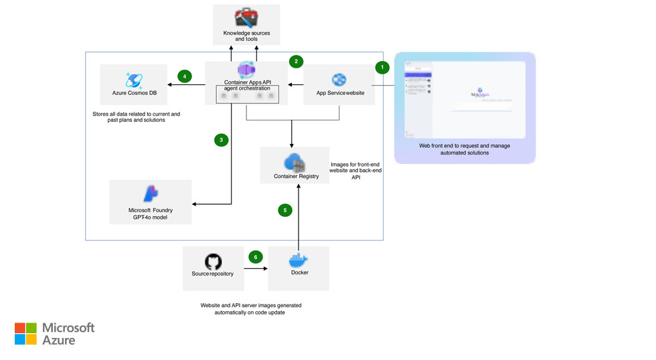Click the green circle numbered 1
(x=382, y=67)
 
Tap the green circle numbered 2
(x=296, y=62)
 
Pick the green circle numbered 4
(x=185, y=76)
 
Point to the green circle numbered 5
(x=285, y=210)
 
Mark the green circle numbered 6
(x=254, y=257)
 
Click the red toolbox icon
(x=246, y=18)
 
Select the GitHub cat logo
(x=213, y=261)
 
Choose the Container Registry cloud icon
(x=295, y=163)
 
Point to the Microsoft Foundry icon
(x=151, y=194)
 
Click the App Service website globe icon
(x=339, y=80)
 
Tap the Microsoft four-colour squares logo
(x=25, y=333)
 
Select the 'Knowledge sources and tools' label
(x=246, y=36)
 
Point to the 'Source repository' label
(x=213, y=274)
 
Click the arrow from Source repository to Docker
(x=256, y=268)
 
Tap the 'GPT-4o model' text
(x=151, y=217)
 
